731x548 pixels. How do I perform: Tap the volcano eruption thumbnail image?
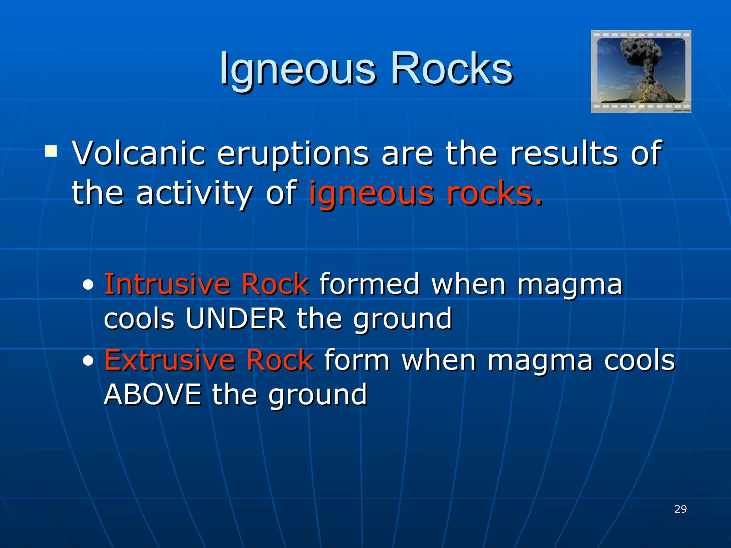[x=641, y=71]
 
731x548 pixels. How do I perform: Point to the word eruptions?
[x=293, y=154]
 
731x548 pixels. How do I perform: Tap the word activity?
[x=194, y=194]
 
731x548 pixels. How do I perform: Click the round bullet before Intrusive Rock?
[x=88, y=285]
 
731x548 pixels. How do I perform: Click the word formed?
[x=369, y=284]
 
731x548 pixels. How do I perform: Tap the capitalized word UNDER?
[x=236, y=319]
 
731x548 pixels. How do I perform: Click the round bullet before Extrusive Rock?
[x=88, y=361]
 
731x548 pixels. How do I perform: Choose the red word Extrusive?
[x=170, y=360]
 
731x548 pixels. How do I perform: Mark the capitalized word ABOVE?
[x=153, y=395]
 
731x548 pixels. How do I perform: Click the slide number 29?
[x=680, y=509]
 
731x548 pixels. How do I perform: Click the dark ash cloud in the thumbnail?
[x=640, y=54]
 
